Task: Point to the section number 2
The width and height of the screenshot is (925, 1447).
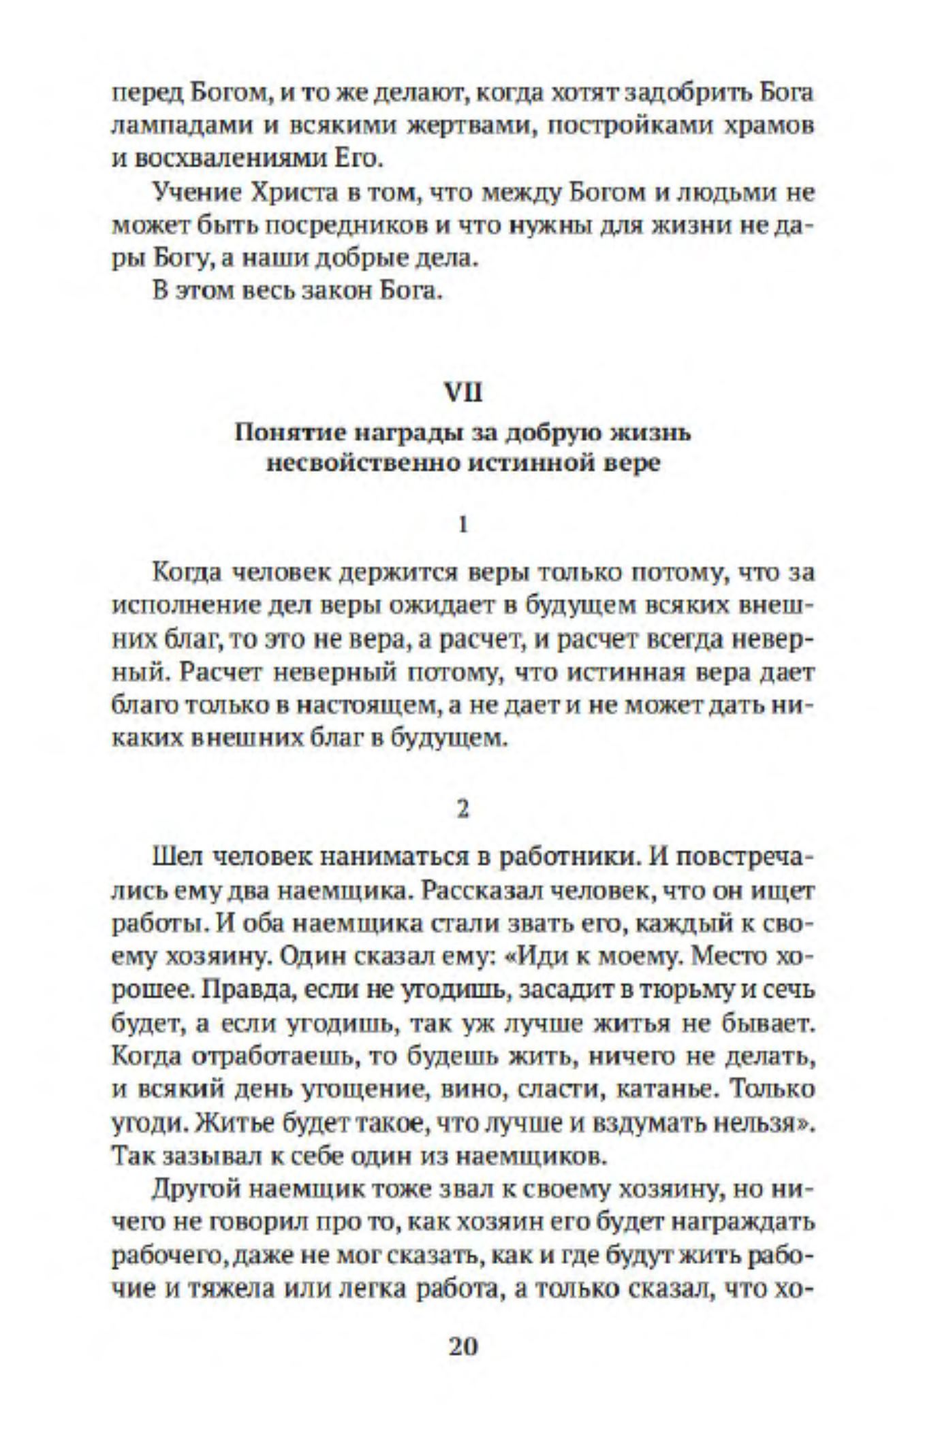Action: tap(463, 809)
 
